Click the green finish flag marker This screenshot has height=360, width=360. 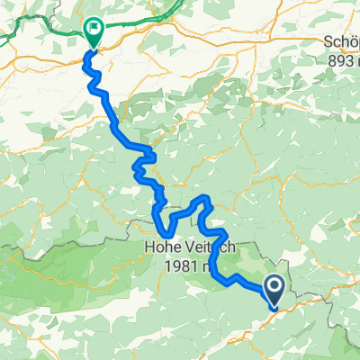tap(93, 31)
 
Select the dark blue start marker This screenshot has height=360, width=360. tap(275, 290)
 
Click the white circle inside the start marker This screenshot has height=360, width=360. tap(275, 286)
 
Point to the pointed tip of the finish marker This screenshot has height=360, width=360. tap(93, 46)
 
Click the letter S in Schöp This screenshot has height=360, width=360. tap(326, 42)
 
